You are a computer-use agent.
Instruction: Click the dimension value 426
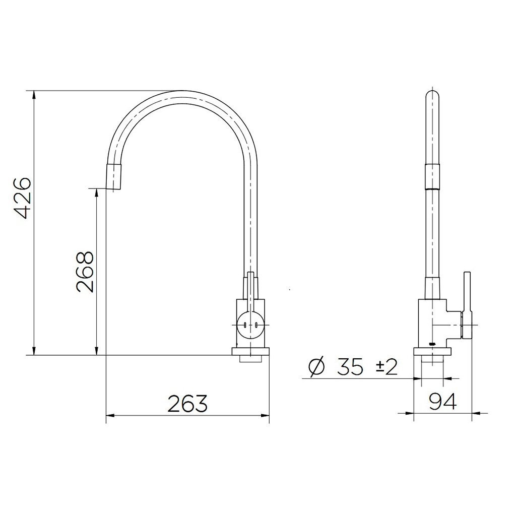click(x=23, y=198)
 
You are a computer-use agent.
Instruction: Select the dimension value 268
click(x=85, y=272)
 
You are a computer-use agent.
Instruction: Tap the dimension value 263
click(x=187, y=404)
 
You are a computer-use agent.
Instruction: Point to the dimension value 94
click(x=442, y=402)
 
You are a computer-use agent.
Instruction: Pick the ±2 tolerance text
click(x=386, y=367)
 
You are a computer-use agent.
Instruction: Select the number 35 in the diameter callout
click(x=351, y=367)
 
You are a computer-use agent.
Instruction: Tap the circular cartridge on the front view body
click(x=249, y=324)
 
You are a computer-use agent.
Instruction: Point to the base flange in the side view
click(x=432, y=351)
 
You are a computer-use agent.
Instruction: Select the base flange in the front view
click(x=250, y=351)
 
